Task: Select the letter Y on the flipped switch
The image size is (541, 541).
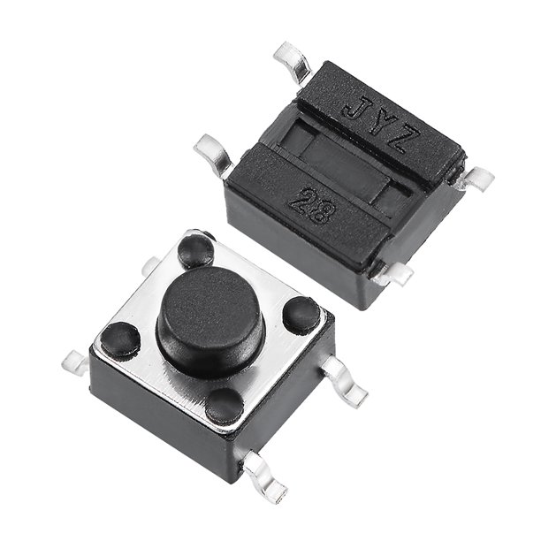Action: [x=381, y=125]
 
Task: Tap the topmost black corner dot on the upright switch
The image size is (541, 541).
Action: [x=196, y=249]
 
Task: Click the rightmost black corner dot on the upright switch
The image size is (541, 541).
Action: [x=301, y=314]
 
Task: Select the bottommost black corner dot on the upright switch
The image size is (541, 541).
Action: [x=225, y=405]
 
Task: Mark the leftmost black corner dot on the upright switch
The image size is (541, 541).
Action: [x=120, y=339]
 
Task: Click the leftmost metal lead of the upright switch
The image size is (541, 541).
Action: [x=77, y=362]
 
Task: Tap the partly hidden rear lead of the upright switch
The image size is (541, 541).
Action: [x=150, y=263]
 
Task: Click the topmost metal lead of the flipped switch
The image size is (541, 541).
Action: [x=292, y=61]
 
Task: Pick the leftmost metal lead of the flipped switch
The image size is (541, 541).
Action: [x=213, y=151]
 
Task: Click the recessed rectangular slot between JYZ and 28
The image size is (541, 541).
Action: [x=345, y=164]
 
